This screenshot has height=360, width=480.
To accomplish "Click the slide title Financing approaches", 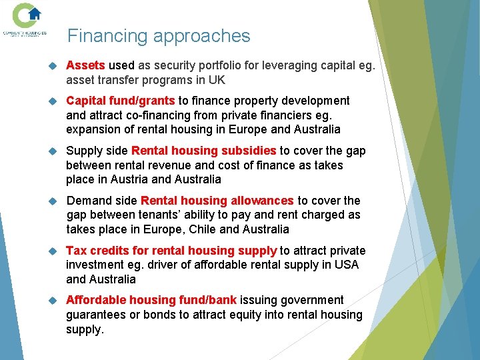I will [159, 36].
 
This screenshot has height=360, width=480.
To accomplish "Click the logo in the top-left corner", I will [27, 19].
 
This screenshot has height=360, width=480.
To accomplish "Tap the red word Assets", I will [85, 65].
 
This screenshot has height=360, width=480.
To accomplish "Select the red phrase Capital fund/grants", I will [120, 101].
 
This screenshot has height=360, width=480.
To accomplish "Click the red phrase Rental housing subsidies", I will [203, 151].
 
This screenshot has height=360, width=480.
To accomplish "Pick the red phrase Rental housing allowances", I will [217, 201].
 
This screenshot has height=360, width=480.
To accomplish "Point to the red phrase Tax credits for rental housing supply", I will [171, 251].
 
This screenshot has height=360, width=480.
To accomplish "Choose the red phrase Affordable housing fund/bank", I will [151, 300].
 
